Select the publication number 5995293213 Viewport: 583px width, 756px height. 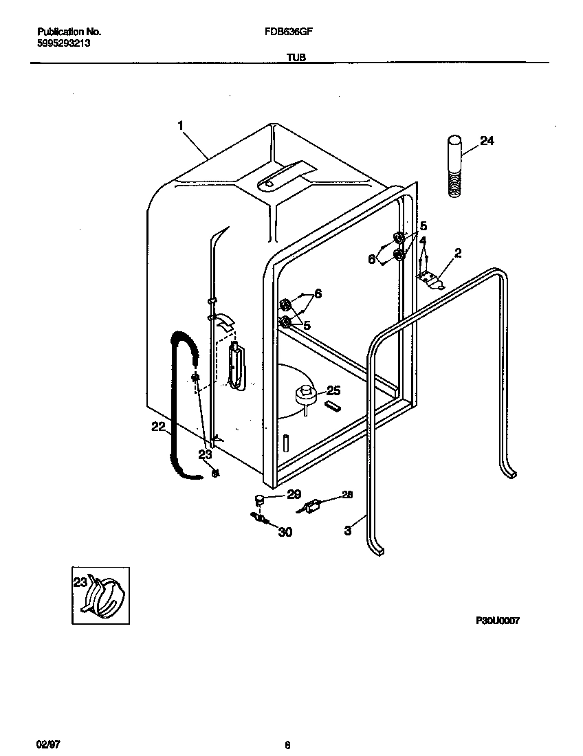click(63, 43)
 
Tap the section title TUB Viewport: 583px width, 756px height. click(291, 59)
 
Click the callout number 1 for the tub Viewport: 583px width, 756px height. click(180, 125)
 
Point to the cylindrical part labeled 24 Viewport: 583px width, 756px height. click(454, 167)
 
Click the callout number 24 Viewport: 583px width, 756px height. click(487, 141)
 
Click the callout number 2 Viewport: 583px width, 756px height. click(457, 253)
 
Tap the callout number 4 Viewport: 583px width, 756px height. click(423, 241)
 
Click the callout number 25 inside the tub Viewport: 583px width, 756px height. click(333, 390)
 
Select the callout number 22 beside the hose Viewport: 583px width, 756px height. click(158, 427)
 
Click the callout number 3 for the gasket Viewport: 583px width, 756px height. click(348, 530)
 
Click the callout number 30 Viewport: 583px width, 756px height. click(285, 531)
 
